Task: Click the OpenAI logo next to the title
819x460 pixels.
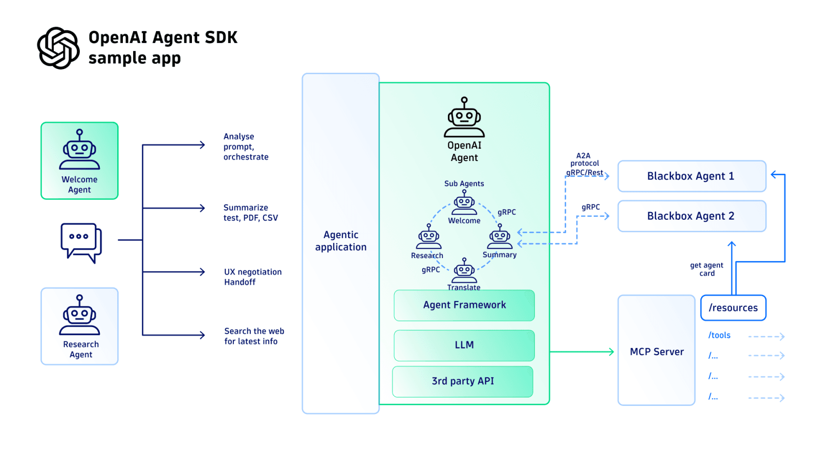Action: pos(58,48)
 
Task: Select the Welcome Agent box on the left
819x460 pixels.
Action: pos(79,160)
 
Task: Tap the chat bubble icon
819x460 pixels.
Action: pos(81,241)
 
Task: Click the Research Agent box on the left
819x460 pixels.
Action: pos(79,326)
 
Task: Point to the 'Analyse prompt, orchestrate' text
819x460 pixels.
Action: pos(246,147)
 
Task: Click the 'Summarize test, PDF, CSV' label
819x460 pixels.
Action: pos(250,213)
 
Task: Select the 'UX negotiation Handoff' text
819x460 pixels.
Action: pos(252,277)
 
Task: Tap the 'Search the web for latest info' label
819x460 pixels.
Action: pos(254,336)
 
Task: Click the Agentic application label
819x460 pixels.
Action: pos(340,241)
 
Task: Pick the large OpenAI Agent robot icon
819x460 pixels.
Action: pos(464,118)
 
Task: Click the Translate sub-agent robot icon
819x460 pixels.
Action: pos(464,270)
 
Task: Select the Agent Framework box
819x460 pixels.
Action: pos(464,305)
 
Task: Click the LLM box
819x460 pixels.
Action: pos(464,345)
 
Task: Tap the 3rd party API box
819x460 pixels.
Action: pos(463,381)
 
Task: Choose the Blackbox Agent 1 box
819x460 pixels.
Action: pos(691,176)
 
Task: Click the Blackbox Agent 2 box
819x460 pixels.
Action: pos(691,216)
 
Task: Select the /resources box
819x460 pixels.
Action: pos(733,308)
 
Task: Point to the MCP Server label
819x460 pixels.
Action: pos(657,352)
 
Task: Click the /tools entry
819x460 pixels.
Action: pos(719,335)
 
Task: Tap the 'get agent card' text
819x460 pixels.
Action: pos(706,269)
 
